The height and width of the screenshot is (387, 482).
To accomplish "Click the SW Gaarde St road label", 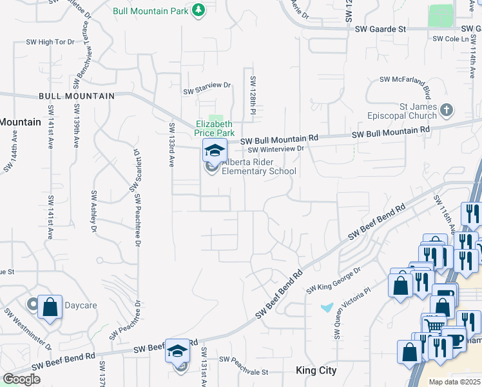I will coord(383,30).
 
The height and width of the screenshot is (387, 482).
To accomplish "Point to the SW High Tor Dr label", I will coord(51,42).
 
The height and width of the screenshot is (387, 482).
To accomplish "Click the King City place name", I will coord(317,371).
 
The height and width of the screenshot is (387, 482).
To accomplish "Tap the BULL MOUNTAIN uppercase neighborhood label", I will coord(76,96).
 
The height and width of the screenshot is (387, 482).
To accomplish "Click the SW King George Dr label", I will coord(333,279).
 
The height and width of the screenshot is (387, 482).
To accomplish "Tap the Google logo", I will coord(21,379).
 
